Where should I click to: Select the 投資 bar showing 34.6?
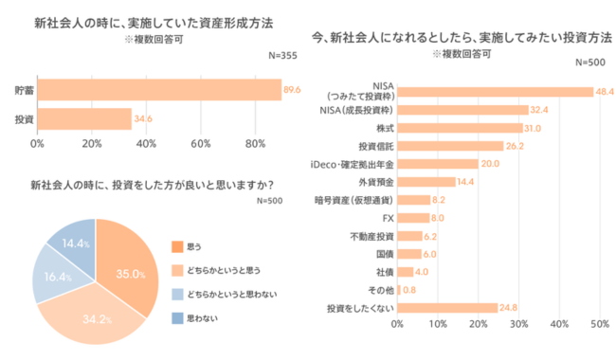(84, 118)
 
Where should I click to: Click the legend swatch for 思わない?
(176, 319)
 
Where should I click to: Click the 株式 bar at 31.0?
(460, 128)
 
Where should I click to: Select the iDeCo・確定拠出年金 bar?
(438, 164)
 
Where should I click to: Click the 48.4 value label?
(606, 92)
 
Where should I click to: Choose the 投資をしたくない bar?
(447, 308)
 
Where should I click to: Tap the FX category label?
(386, 218)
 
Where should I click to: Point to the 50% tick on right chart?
(599, 325)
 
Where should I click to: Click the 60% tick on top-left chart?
(200, 144)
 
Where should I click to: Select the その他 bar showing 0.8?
(399, 290)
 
